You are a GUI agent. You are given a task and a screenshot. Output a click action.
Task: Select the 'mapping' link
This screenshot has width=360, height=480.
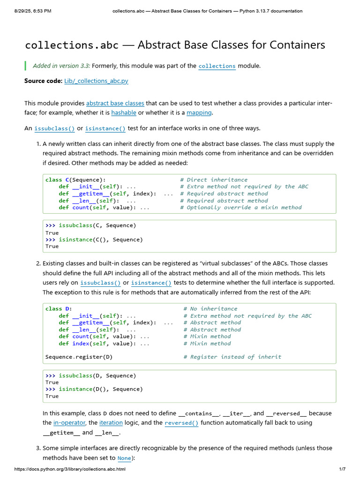199,112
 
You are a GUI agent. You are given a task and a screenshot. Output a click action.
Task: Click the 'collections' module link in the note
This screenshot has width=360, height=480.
217,66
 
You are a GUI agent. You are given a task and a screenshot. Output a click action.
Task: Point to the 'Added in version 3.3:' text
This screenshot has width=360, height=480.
61,66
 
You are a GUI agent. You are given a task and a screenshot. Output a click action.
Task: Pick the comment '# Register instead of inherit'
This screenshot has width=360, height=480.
232,357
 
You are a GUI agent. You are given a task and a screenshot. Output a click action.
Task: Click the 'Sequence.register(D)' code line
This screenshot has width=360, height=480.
79,357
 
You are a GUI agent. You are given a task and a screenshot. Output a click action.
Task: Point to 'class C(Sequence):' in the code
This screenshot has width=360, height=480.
75,180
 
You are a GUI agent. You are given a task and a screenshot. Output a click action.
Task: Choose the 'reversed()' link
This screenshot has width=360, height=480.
181,423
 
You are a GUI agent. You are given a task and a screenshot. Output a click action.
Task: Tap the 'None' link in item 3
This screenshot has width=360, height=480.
124,458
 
